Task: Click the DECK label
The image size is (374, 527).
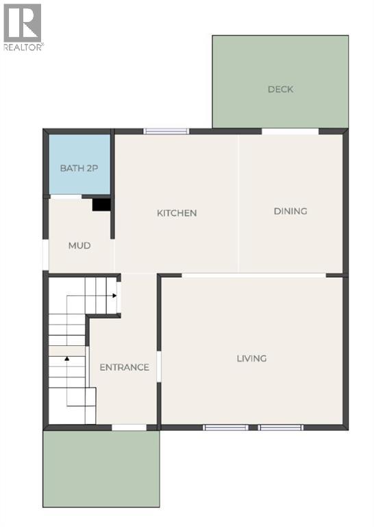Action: (280, 89)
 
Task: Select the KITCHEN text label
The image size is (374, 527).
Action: (177, 213)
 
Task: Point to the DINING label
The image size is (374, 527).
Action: (290, 211)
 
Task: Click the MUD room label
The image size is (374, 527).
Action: (79, 245)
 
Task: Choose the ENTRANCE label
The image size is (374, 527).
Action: (124, 367)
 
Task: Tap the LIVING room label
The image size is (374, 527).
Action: (251, 358)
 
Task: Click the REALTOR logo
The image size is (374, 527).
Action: (23, 26)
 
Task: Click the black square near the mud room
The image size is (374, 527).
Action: (101, 204)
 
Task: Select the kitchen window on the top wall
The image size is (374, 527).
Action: (166, 131)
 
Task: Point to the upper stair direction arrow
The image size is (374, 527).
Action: (114, 296)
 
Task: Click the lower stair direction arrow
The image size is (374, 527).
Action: (67, 358)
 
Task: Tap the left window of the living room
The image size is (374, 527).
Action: (226, 428)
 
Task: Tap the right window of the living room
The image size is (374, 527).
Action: (281, 428)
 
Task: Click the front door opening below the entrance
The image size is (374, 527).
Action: (129, 428)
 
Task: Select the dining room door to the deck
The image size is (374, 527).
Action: (290, 131)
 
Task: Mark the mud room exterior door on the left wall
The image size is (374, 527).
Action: (46, 254)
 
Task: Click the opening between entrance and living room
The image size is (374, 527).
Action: (159, 365)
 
